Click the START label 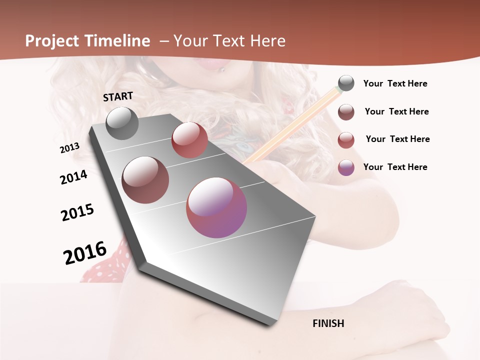pos(118,96)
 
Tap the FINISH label pos(328,323)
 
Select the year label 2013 pos(69,148)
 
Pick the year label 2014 pos(73,177)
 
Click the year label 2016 pos(85,252)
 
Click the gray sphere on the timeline pos(122,123)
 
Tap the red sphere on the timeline pos(189,140)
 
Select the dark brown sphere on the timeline pos(145,180)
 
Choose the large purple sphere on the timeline pos(216,207)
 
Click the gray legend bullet pos(346,83)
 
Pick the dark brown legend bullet pos(346,111)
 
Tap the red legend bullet pos(346,139)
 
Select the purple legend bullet pos(346,167)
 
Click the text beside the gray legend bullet pos(395,84)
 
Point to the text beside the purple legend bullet pos(395,167)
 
